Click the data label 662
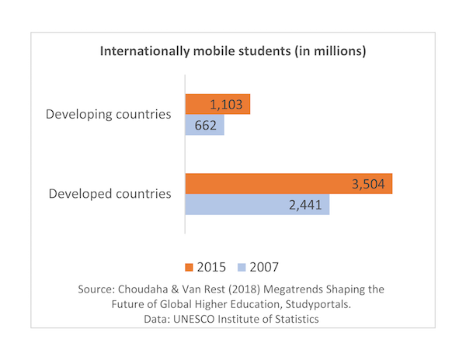(204, 125)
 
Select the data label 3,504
(370, 183)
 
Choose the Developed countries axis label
(110, 194)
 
